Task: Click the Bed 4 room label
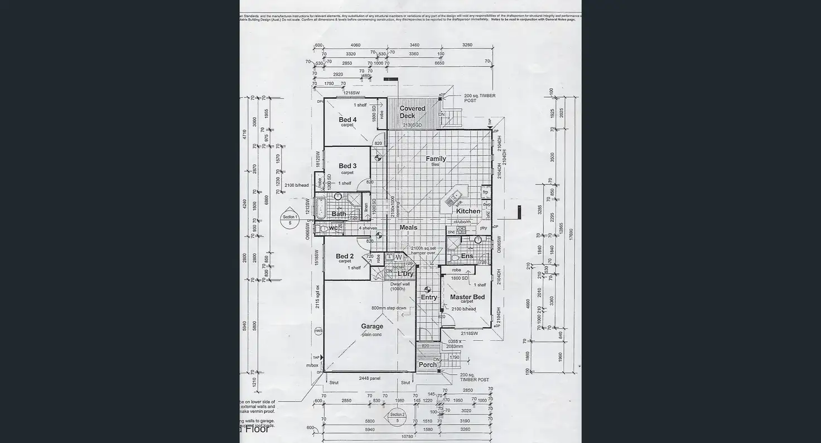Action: tap(347, 119)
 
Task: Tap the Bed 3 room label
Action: tap(347, 166)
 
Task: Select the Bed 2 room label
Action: tap(345, 257)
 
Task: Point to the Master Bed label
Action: tap(467, 297)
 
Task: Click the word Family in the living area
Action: tap(436, 159)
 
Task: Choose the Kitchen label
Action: tap(468, 211)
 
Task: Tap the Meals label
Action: tap(408, 228)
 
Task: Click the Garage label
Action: tap(371, 326)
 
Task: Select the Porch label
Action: tap(427, 365)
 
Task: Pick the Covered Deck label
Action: tap(412, 112)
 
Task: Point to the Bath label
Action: tap(339, 214)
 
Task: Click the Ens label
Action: tap(467, 257)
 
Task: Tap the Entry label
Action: tap(429, 297)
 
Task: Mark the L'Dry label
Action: tap(405, 274)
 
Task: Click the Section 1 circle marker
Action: tap(289, 219)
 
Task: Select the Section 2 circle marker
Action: tap(397, 417)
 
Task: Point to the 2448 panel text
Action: tap(369, 378)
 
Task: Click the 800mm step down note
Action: tap(389, 308)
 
